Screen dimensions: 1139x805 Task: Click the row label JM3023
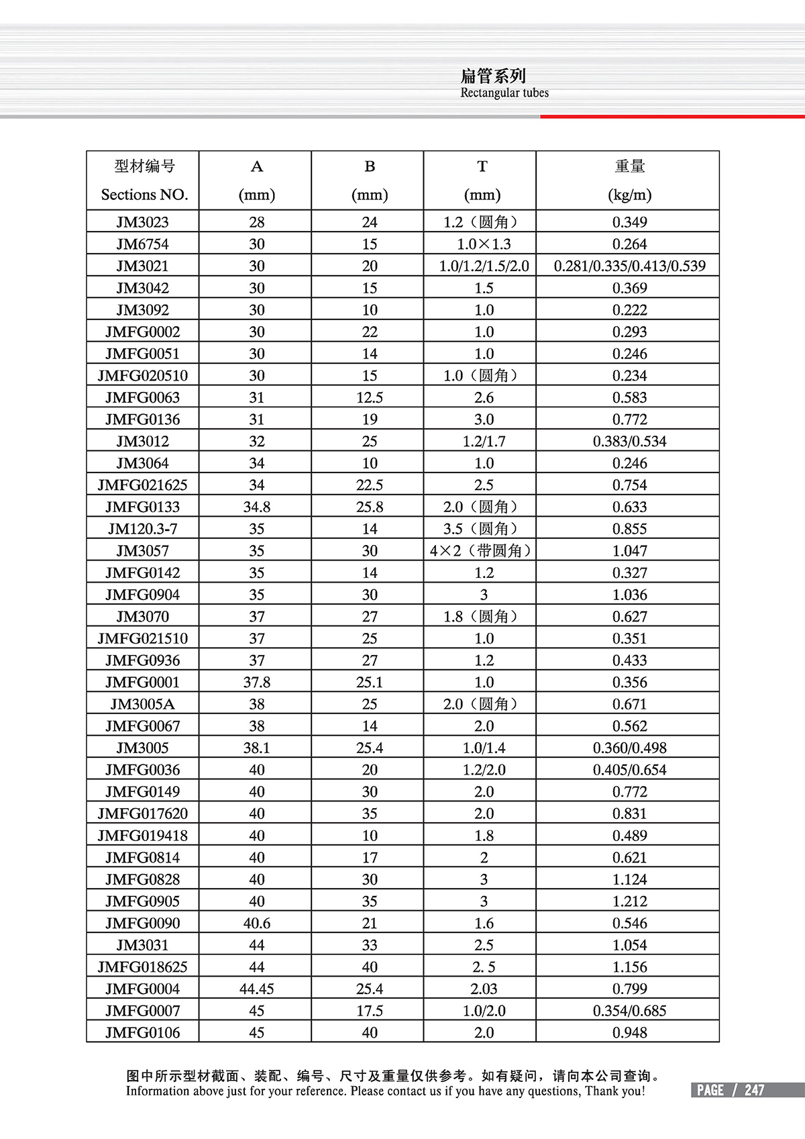click(x=142, y=222)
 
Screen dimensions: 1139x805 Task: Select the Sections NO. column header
click(x=144, y=195)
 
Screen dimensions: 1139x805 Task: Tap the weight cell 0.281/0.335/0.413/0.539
click(x=629, y=266)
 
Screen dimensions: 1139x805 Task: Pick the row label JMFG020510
click(x=142, y=376)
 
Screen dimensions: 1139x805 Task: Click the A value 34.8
click(x=257, y=507)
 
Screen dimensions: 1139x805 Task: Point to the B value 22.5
click(x=370, y=485)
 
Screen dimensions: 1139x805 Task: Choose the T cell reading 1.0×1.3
click(x=483, y=244)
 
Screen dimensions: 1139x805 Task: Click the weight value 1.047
click(x=629, y=551)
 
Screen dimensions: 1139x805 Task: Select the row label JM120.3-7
click(x=142, y=529)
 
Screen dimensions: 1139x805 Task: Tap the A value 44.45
click(x=257, y=989)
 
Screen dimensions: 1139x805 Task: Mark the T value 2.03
click(x=483, y=989)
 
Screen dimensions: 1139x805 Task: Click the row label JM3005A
click(x=142, y=704)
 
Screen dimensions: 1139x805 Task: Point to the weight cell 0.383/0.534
click(x=629, y=442)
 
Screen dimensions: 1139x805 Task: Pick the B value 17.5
click(x=370, y=1011)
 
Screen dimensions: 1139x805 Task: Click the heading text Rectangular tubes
click(x=504, y=93)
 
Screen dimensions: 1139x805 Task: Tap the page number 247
click(x=754, y=1090)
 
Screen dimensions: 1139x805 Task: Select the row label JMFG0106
click(x=142, y=1032)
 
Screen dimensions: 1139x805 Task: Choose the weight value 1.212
click(x=629, y=901)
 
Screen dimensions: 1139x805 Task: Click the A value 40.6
click(x=257, y=923)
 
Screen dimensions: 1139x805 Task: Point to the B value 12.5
click(x=370, y=397)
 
